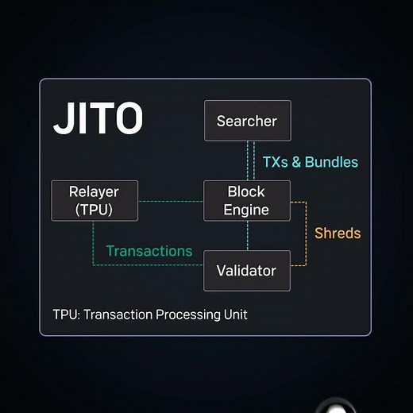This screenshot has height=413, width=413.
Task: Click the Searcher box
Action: (x=248, y=121)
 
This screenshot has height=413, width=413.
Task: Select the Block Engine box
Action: (x=247, y=201)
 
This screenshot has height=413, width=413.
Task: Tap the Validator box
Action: (x=247, y=271)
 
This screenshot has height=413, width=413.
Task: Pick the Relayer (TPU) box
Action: (x=95, y=201)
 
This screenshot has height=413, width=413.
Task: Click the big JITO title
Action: (x=98, y=118)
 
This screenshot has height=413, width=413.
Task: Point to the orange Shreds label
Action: (x=338, y=234)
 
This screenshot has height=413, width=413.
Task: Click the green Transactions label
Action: (x=149, y=251)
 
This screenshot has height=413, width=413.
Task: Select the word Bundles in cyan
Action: (x=331, y=162)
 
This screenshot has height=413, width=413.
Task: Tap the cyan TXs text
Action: (x=275, y=162)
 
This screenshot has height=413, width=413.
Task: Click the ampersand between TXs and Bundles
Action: (x=296, y=162)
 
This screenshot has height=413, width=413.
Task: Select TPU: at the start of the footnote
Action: (x=67, y=315)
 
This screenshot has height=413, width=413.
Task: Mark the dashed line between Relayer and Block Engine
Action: (x=171, y=201)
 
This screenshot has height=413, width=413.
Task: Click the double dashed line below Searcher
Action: (x=251, y=160)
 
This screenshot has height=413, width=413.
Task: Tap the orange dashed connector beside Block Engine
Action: (x=307, y=234)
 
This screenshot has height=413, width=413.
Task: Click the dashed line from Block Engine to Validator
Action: (x=248, y=236)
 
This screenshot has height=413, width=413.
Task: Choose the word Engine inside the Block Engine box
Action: (x=246, y=210)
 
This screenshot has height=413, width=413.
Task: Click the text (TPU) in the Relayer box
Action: (x=94, y=210)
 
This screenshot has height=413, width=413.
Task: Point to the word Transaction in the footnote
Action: (x=118, y=315)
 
